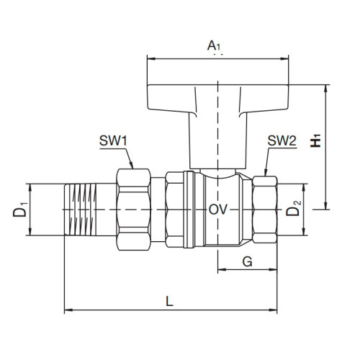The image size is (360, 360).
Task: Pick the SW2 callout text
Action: [x=282, y=140]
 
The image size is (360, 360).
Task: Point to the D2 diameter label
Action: [x=293, y=210]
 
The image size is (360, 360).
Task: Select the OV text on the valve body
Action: [x=218, y=210]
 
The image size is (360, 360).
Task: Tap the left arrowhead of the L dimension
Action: [x=68, y=311]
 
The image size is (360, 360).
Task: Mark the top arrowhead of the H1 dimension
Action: [x=325, y=88]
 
